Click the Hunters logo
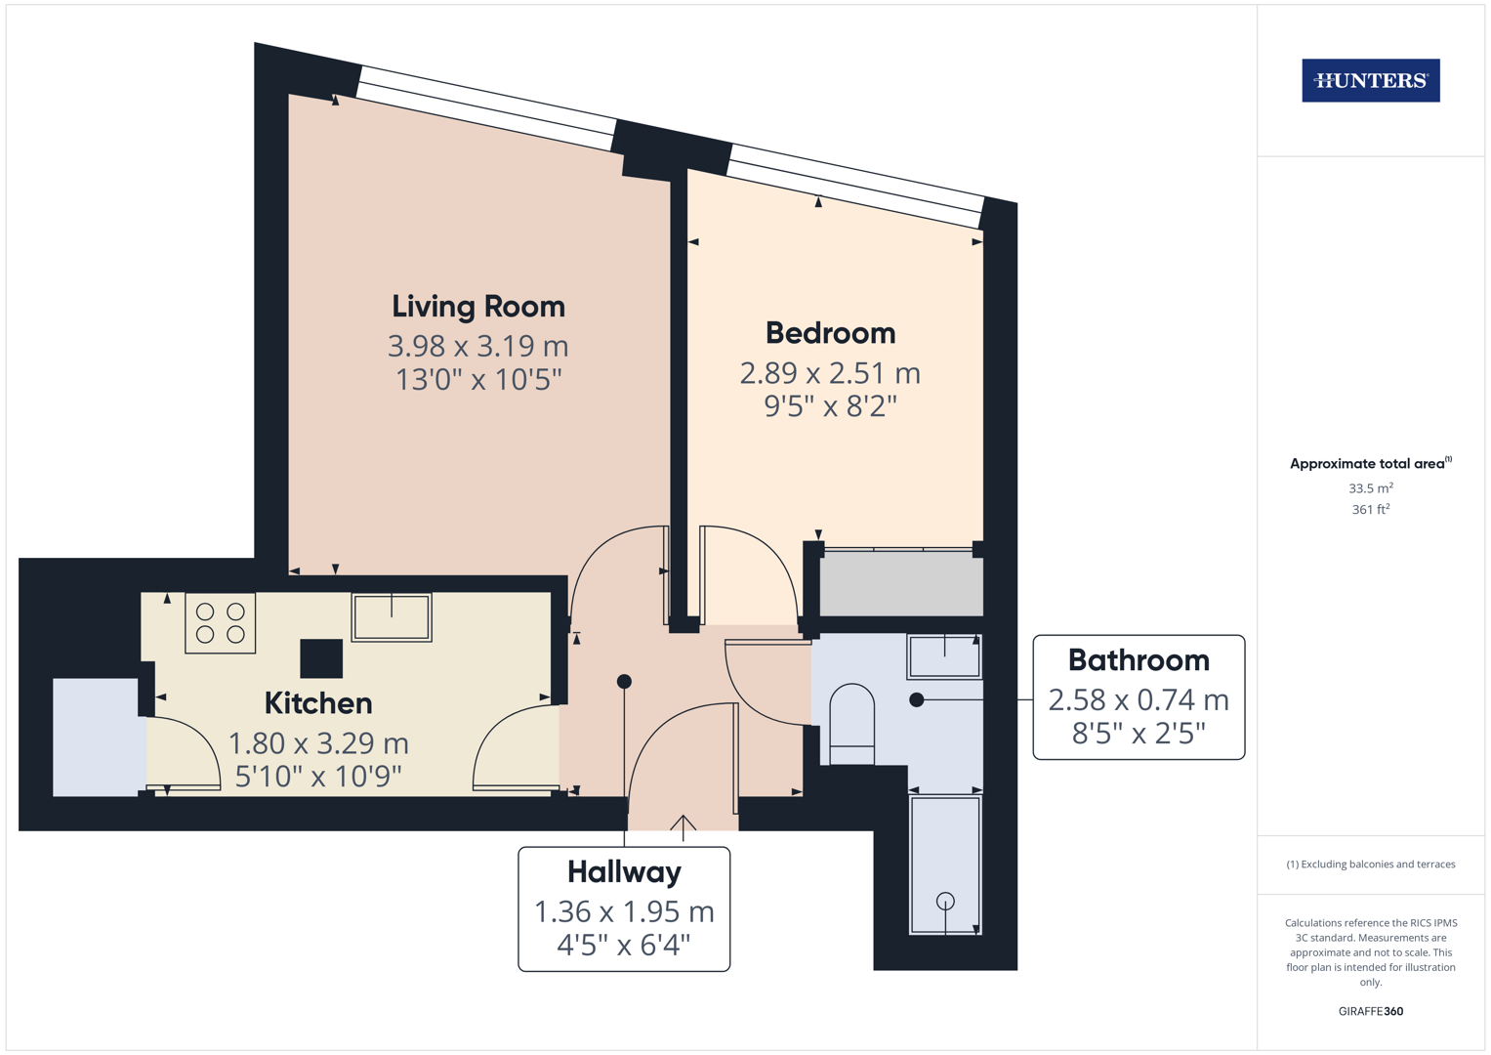1370,80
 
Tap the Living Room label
478,307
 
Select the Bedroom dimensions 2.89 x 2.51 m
830,373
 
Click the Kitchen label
318,703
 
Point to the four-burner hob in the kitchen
221,623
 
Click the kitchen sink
392,617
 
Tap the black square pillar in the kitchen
321,658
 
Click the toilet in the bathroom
851,724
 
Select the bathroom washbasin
944,656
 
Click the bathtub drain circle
945,901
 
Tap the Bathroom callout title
1139,660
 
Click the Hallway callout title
624,871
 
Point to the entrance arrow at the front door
683,826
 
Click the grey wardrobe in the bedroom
900,584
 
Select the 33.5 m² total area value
1370,487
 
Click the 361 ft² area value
1370,509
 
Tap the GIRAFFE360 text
1370,1011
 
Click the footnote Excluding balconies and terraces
1370,865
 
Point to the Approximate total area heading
1367,464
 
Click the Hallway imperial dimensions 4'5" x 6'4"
624,945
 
